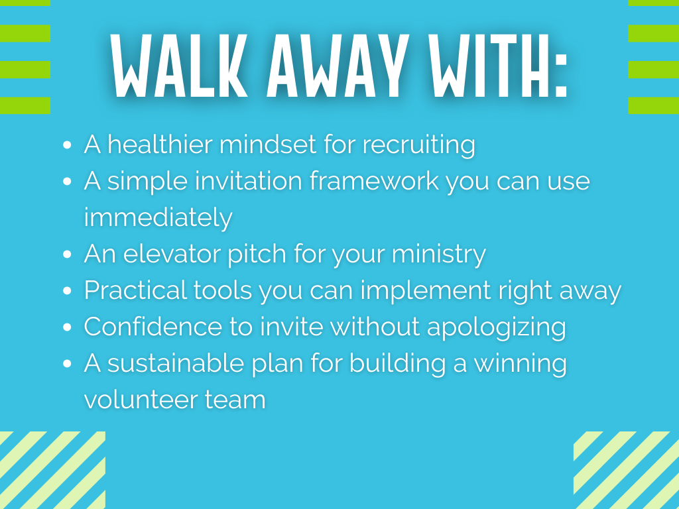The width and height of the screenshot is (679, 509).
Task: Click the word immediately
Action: [x=158, y=218]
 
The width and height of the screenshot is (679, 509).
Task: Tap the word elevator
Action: [x=172, y=254]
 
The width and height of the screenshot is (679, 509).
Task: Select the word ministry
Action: [x=439, y=254]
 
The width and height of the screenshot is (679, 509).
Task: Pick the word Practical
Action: [x=135, y=290]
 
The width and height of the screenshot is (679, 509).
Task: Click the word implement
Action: [x=426, y=291]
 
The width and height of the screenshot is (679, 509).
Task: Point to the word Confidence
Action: [x=153, y=326]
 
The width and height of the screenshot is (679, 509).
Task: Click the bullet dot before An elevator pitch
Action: [x=67, y=254]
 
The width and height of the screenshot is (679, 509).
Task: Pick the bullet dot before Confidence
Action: [x=67, y=327]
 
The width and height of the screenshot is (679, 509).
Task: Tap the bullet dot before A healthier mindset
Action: [x=67, y=145]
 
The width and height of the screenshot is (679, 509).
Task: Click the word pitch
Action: [x=257, y=254]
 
